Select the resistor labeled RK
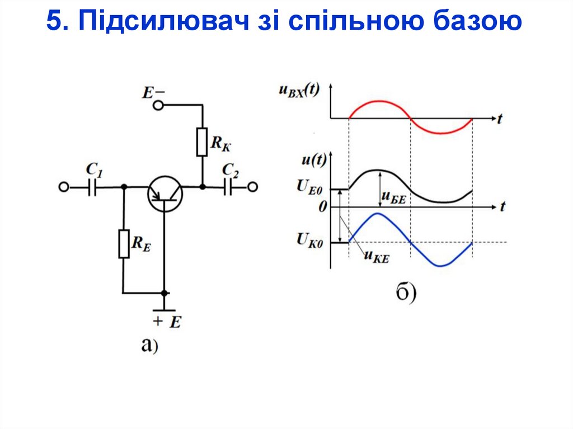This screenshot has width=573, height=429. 202,142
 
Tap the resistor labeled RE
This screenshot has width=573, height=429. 124,243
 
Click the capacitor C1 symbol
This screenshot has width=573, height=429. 93,187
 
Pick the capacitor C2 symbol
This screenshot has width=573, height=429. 228,187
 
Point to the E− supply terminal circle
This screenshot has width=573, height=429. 160,105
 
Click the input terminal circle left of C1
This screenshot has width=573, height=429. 64,187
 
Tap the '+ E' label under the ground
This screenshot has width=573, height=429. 166,322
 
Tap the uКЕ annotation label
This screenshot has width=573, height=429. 376,256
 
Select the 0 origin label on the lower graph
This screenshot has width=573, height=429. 322,207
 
